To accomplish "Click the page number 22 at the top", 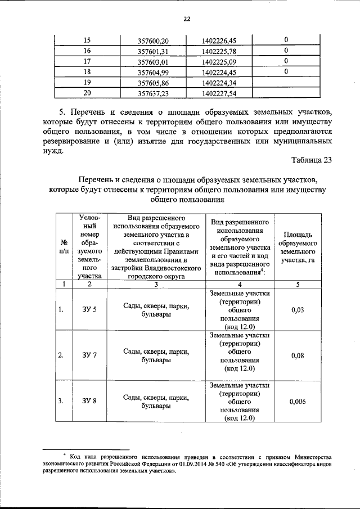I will (187, 19).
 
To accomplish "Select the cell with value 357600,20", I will (153, 40).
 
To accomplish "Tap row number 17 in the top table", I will (87, 61).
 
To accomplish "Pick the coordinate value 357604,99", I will (153, 71).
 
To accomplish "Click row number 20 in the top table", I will (87, 93).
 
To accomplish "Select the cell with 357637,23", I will (153, 93).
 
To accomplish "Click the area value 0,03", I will (298, 310).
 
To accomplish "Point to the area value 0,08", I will (298, 356).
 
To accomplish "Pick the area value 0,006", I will (298, 402).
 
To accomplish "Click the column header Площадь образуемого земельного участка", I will (298, 247).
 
